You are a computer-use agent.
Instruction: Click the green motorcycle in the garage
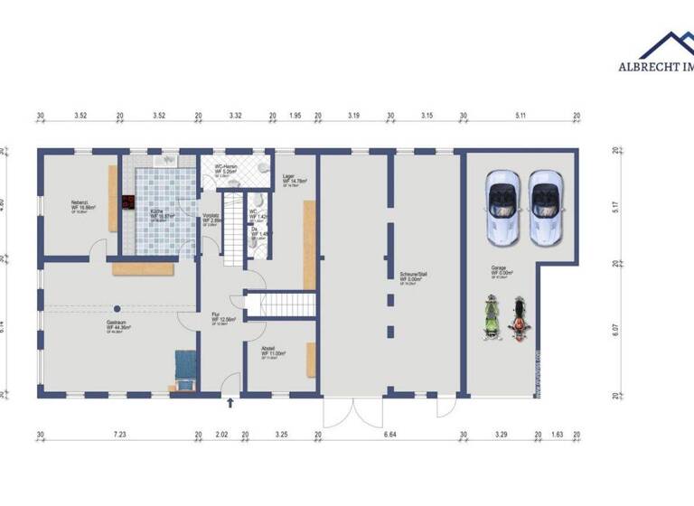pos(491,319)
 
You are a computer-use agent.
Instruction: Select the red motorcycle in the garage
pos(519,319)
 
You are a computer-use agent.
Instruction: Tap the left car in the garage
pos(502,209)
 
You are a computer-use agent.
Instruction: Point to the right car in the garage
pos(545,209)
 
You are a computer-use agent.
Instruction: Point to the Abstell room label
pos(268,351)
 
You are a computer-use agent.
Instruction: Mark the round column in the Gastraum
pos(117,308)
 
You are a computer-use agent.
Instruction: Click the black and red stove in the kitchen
pos(129,202)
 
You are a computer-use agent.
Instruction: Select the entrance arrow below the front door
pos(232,404)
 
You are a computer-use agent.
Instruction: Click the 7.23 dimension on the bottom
pos(119,436)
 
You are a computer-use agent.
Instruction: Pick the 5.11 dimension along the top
pos(520,116)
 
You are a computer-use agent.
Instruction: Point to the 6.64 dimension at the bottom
pos(390,436)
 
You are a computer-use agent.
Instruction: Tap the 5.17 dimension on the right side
pos(616,205)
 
